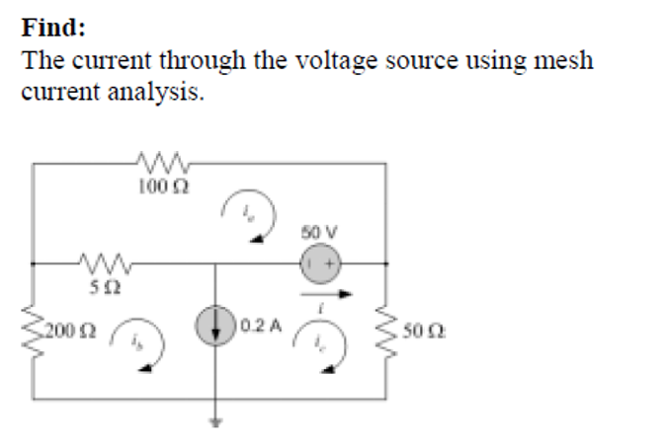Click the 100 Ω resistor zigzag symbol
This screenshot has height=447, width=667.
(x=160, y=161)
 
